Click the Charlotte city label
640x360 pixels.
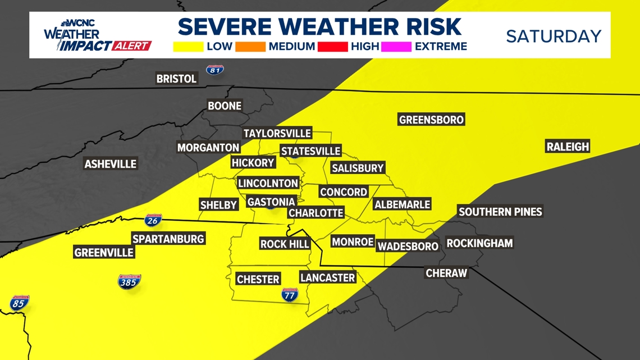click(x=316, y=213)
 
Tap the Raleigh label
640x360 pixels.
click(x=568, y=147)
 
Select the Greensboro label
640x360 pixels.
click(x=431, y=120)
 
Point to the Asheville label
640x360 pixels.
click(x=110, y=164)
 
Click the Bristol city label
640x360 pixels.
click(x=176, y=79)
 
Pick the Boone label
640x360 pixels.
click(x=225, y=106)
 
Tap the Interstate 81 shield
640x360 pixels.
click(x=214, y=70)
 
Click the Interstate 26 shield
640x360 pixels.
click(x=153, y=220)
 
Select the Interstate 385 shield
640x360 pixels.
click(x=129, y=281)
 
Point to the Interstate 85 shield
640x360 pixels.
click(x=19, y=303)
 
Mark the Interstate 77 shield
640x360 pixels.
click(x=290, y=294)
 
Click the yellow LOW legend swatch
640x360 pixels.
click(x=188, y=46)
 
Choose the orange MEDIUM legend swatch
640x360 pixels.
click(x=250, y=46)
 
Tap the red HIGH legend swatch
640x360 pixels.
click(x=332, y=46)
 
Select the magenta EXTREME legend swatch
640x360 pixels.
click(x=396, y=46)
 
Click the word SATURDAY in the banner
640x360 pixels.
click(x=554, y=36)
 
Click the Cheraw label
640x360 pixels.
click(x=446, y=273)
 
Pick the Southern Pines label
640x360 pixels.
click(x=500, y=212)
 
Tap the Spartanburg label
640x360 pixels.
click(x=168, y=239)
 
